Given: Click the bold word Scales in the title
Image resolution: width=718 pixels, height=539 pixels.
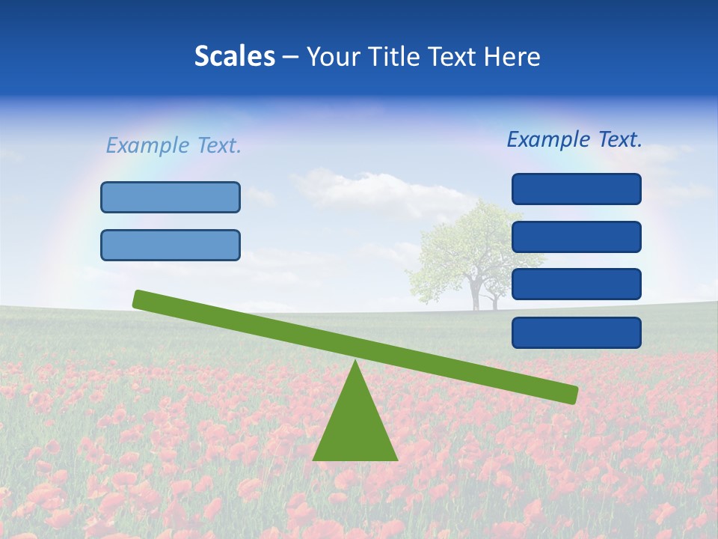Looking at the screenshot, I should [x=234, y=57].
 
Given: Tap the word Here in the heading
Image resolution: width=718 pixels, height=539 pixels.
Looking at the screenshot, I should [x=512, y=57].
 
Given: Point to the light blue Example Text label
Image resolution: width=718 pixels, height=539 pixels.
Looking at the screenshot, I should [x=174, y=145].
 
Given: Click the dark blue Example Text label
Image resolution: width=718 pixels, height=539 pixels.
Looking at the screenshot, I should [x=574, y=139].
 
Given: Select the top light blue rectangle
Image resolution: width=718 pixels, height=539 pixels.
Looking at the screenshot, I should [x=171, y=197].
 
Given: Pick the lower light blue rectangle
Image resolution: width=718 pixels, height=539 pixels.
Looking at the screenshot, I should [x=171, y=245].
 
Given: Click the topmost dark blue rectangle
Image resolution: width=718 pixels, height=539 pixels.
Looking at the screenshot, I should [x=577, y=189].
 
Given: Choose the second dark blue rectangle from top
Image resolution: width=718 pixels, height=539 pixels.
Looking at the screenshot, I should [x=577, y=237].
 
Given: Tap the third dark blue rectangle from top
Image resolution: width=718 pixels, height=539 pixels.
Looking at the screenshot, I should [x=577, y=284].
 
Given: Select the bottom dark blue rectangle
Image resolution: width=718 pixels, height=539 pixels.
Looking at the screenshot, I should [x=577, y=332].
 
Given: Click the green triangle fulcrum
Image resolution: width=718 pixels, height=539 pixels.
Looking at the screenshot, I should [x=355, y=427].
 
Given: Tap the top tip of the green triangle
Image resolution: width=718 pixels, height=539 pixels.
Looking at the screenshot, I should [x=355, y=362].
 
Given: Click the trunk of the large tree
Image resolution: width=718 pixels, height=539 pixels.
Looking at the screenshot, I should [x=475, y=295].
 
